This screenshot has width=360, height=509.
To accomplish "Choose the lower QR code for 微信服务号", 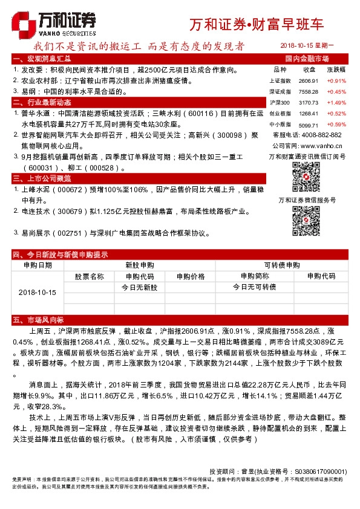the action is [x=306, y=219].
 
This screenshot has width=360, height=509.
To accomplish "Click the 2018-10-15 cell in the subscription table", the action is [x=37, y=292].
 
